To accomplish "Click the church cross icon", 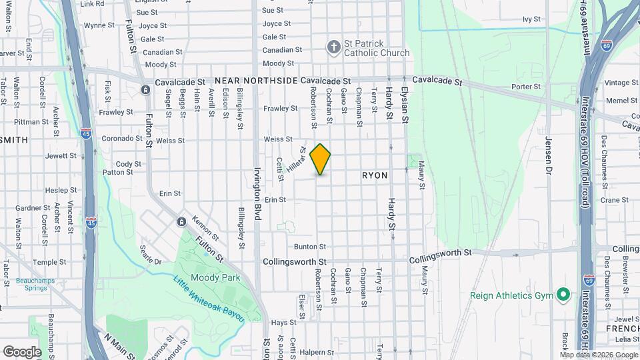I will pos(333,47).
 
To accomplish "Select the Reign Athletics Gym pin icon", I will pos(563,294).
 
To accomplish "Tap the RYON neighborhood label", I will pos(375,175).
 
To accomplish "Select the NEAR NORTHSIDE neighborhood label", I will pos(256,80).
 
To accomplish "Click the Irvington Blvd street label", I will pos(256,193).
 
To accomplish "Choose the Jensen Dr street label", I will pos(549,156).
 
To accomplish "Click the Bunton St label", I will pos(310,247).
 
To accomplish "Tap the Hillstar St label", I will pos(295,161).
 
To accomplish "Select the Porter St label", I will pos(525,87).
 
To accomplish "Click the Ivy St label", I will pos(531,19).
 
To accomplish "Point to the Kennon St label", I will pos(205,228).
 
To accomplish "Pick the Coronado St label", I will pos(119,139).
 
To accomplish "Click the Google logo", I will pos(22,351).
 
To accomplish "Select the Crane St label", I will pos(614,199).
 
